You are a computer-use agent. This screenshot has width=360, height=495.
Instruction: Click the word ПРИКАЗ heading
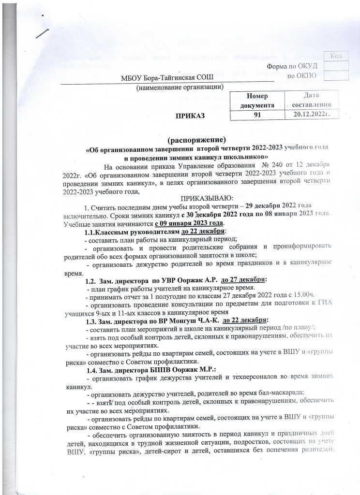[x=190, y=116]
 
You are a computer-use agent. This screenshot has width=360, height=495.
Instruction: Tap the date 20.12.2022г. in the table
[x=313, y=115]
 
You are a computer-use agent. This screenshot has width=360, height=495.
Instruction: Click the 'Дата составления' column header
[x=313, y=101]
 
